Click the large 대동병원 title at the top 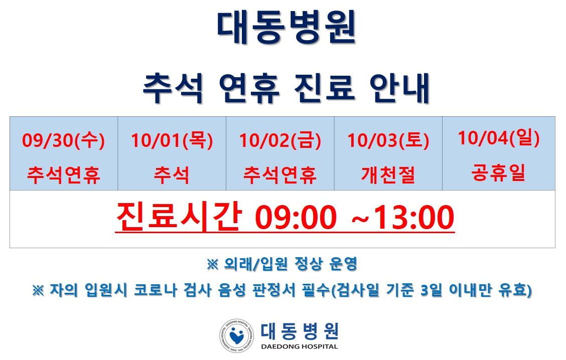coord(287,27)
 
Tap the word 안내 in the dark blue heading coord(399,88)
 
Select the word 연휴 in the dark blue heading coord(249,88)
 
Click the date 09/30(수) coord(64,140)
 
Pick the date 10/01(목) coord(172,140)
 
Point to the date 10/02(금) coord(280,140)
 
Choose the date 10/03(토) coord(388,140)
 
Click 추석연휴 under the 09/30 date coord(64,175)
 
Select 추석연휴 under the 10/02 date coord(280,175)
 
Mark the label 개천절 coord(388,175)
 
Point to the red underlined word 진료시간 coord(179,217)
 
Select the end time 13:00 coord(413,217)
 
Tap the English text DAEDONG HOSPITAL coord(299,346)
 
